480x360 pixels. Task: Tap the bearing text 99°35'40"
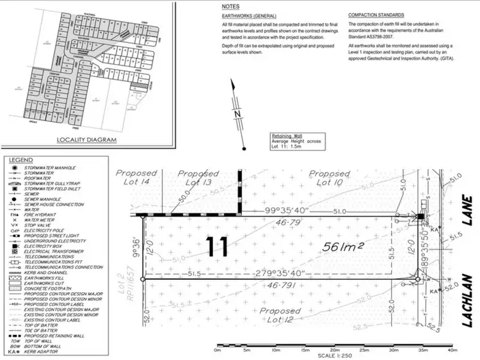pyautogui.click(x=284, y=210)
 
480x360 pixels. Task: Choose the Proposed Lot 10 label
pyautogui.click(x=330, y=177)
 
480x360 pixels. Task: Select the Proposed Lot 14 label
pyautogui.click(x=136, y=177)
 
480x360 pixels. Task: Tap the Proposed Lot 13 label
pyautogui.click(x=198, y=177)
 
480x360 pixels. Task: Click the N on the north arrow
pyautogui.click(x=237, y=114)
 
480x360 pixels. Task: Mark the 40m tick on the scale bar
pyautogui.click(x=452, y=351)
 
